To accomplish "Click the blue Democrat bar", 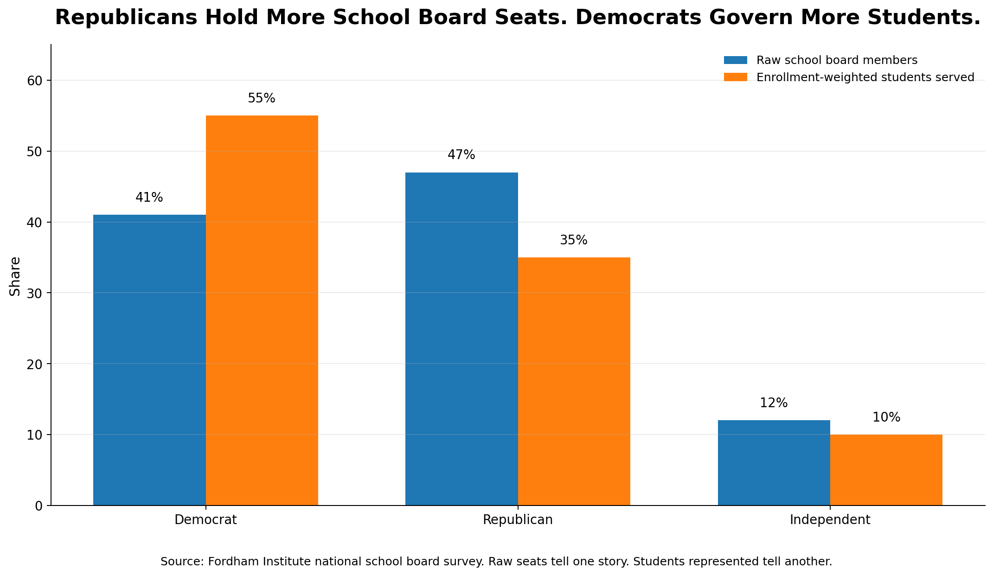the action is tap(149, 360).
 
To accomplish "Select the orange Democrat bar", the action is tap(262, 310).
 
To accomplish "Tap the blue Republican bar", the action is tap(461, 339).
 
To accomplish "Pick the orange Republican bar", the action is tap(574, 381).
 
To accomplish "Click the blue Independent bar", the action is tap(774, 463).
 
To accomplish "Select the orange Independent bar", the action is tap(886, 470).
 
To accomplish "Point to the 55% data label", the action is tap(262, 98).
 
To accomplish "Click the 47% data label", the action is tap(461, 155).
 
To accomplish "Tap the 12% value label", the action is tap(774, 403).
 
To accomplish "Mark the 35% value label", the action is tap(574, 240).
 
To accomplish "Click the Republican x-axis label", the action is tap(518, 520).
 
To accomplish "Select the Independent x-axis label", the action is tap(830, 520).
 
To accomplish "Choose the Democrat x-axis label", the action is tap(205, 520).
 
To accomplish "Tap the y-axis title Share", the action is tap(15, 276).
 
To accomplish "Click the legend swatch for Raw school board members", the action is tap(736, 60).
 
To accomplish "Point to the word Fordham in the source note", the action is tap(230, 562).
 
